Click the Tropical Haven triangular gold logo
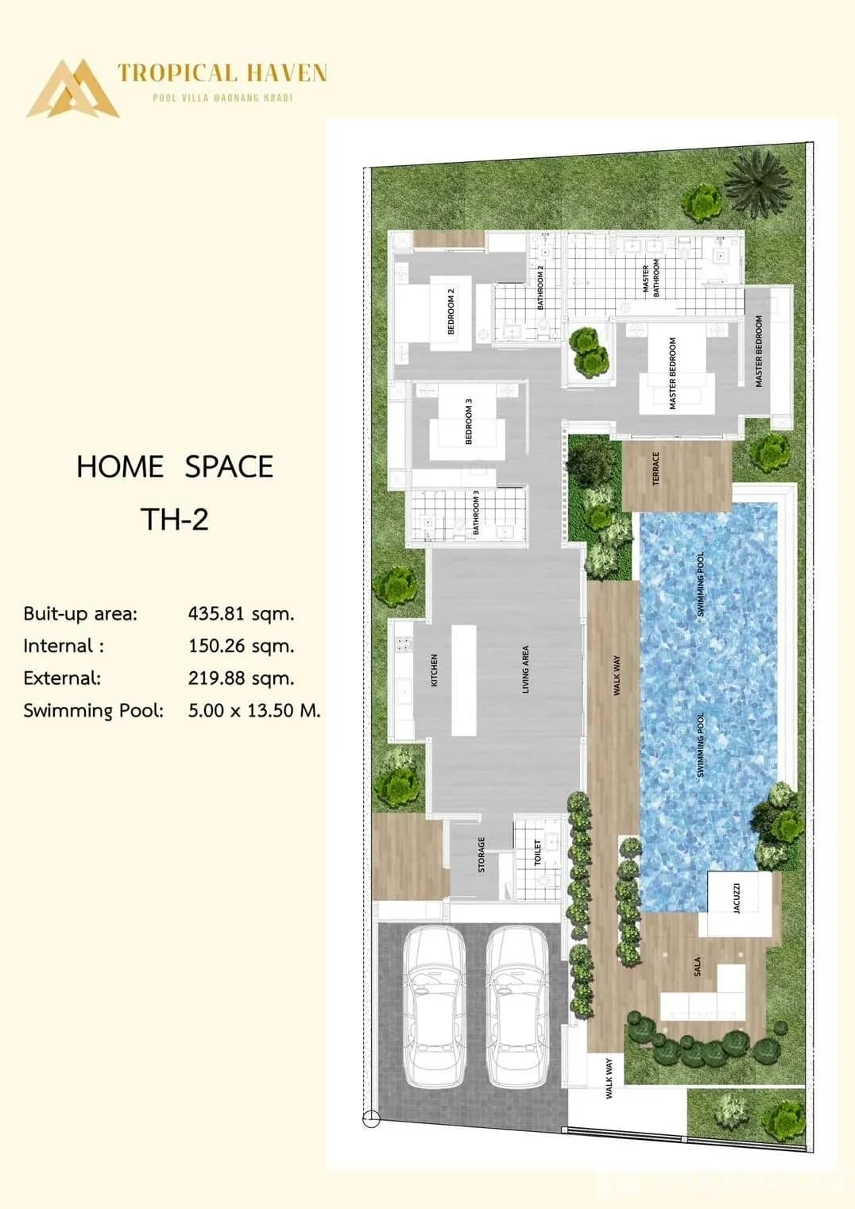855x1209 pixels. coord(72,89)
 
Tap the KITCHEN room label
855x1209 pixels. coord(434,670)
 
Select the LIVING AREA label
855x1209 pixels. coord(525,670)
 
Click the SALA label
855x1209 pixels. coord(697,966)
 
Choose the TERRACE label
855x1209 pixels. coord(656,469)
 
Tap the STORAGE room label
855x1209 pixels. coord(481,855)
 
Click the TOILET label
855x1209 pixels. coord(538,852)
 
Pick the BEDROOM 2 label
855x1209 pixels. coord(451,311)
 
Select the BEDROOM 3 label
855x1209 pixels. coord(468,421)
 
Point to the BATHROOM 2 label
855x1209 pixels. coord(540,287)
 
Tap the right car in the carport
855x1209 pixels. coord(516,1006)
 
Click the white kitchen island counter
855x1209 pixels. coord(464,681)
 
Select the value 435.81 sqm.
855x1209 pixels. coord(241,614)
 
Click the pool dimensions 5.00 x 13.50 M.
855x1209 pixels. coord(254,710)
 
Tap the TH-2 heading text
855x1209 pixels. coord(175,520)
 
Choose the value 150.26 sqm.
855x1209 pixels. coord(241,646)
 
